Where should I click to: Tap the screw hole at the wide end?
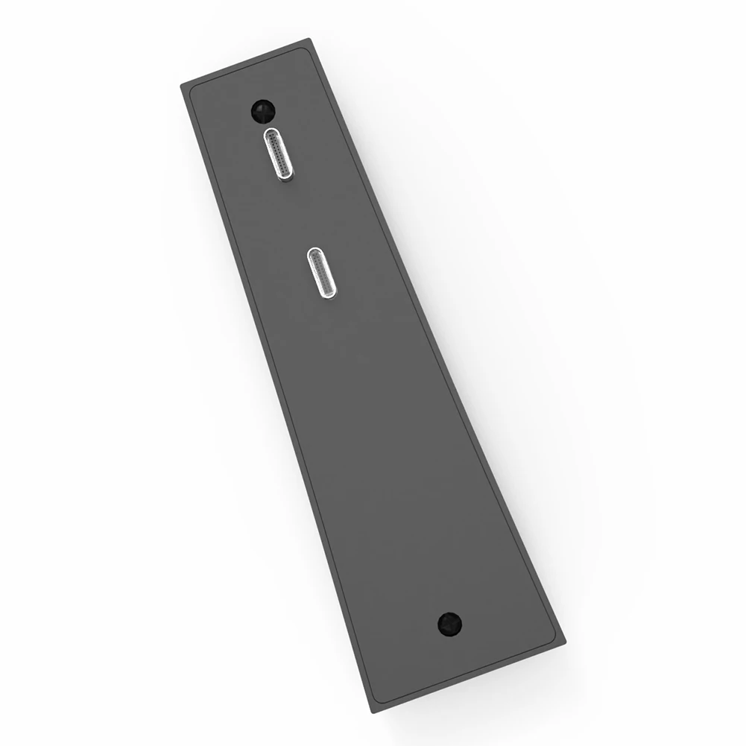click(449, 623)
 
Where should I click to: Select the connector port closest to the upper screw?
click(279, 155)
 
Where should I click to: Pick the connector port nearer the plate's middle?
click(323, 274)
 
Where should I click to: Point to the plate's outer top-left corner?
click(181, 84)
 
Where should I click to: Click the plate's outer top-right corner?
click(309, 39)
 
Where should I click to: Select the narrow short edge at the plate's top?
click(246, 62)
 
